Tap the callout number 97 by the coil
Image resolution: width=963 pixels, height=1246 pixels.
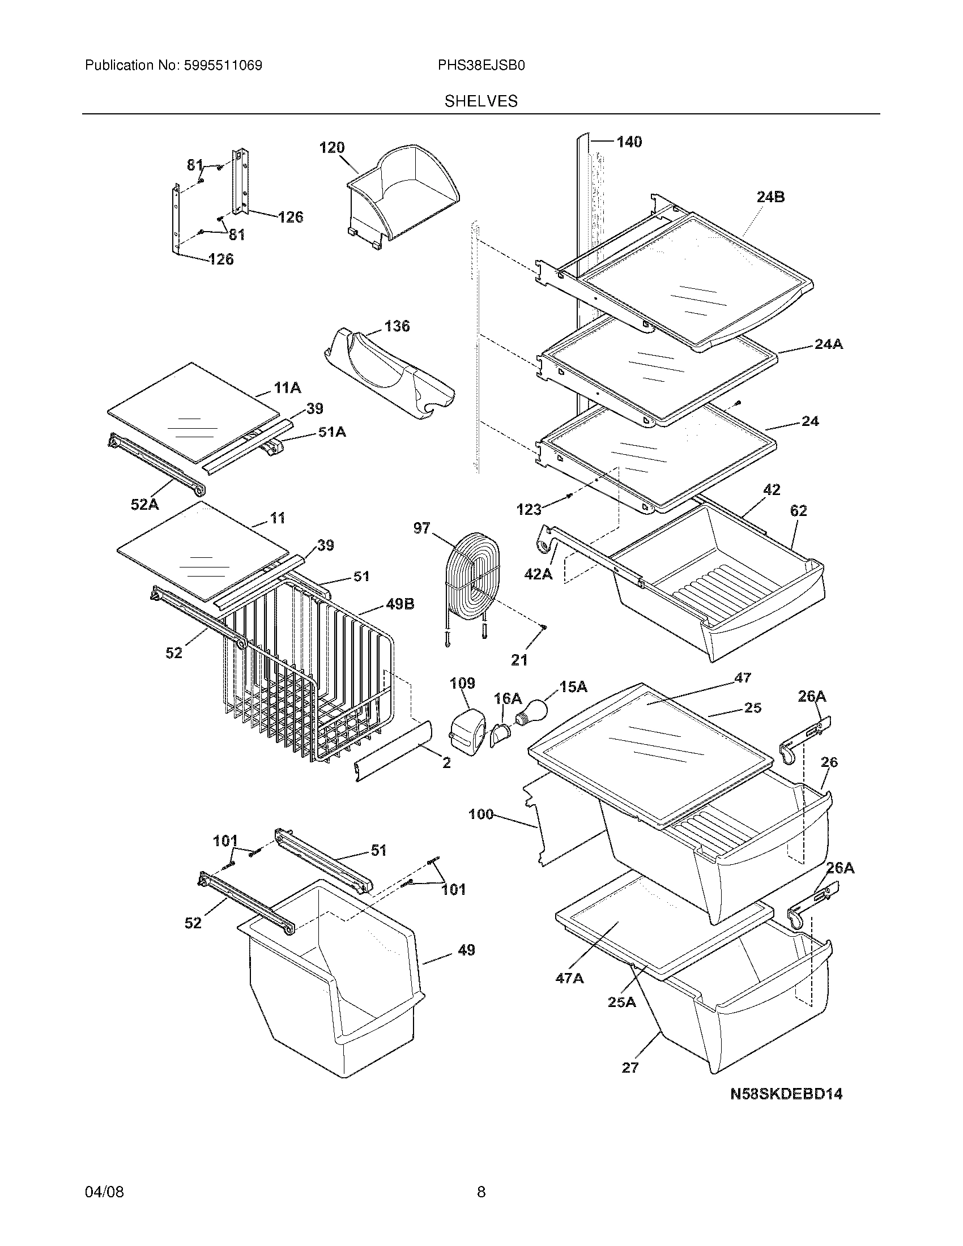pos(421,528)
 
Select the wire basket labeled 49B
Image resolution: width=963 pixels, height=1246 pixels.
pos(308,685)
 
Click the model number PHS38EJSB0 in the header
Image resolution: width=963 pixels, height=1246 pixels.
pos(481,66)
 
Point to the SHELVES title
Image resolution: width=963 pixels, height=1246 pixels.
pos(481,101)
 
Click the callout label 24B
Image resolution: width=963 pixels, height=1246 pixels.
pos(770,198)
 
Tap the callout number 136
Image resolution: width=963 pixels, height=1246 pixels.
pos(397,326)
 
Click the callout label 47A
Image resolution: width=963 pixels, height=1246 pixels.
pos(569,978)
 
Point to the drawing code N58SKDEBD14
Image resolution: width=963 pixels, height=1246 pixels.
pos(787,1094)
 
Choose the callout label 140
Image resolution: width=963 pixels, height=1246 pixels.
pos(629,142)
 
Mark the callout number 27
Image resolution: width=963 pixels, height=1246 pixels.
pos(630,1068)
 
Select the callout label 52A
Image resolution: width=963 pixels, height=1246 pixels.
pos(145,504)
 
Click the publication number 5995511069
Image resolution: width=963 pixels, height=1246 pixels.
pos(223,66)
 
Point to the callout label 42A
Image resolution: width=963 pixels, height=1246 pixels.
pos(539,574)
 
